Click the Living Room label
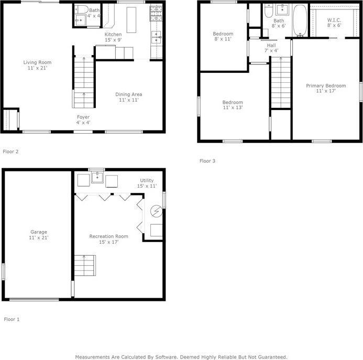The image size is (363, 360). [x=37, y=65]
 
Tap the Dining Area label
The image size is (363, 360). [x=129, y=97]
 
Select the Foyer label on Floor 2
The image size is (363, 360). [x=83, y=120]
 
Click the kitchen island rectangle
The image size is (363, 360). [x=131, y=20]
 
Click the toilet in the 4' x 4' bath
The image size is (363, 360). [x=82, y=9]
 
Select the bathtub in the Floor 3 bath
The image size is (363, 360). [x=300, y=20]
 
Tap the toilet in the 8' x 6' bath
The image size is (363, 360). [x=269, y=10]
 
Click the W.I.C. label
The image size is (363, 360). [x=334, y=23]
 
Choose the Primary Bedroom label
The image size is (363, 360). [x=326, y=88]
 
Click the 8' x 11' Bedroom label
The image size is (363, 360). [x=223, y=36]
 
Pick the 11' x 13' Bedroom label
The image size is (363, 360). [x=233, y=105]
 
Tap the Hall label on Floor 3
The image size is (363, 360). [x=271, y=48]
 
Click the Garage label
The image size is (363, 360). [x=39, y=235]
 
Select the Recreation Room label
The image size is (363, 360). [x=108, y=239]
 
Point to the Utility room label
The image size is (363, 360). [x=147, y=183]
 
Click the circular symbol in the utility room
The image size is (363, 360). [x=157, y=211]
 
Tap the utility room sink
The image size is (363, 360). [x=97, y=177]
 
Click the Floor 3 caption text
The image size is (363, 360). [x=207, y=161]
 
